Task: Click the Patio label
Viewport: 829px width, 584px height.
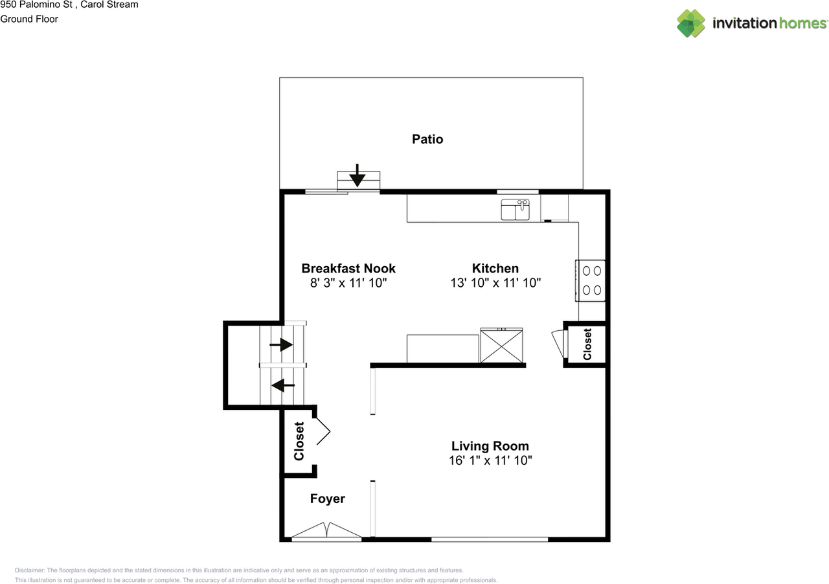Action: coord(427,139)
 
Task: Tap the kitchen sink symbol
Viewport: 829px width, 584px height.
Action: coord(516,210)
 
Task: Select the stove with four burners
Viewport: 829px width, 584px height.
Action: coord(590,280)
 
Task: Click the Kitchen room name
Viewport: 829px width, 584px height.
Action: coord(495,268)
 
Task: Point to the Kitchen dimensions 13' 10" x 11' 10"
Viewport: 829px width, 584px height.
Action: coord(495,283)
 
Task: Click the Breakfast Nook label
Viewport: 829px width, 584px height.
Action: coord(348,268)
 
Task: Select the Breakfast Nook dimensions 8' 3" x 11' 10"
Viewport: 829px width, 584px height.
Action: coord(348,283)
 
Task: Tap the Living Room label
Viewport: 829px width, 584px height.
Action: coord(490,446)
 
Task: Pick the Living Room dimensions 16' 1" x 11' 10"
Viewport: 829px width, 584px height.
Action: coord(490,460)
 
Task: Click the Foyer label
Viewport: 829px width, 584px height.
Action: coord(327,499)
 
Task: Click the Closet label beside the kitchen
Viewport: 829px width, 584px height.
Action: coord(587,344)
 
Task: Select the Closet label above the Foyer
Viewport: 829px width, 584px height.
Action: coord(299,442)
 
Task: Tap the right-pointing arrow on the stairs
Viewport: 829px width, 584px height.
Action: coord(281,345)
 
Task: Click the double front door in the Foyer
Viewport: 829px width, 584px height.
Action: coord(327,531)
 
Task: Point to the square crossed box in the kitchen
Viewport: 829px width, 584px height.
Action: coord(502,346)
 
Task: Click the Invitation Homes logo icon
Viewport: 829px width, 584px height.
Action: coord(691,23)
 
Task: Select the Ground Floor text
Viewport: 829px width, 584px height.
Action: coord(29,19)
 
